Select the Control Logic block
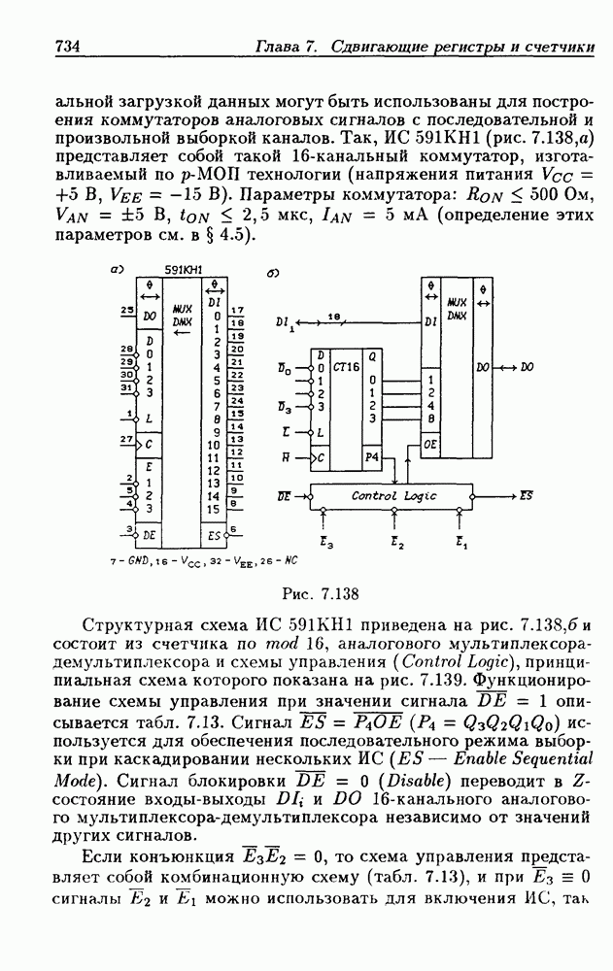[x=393, y=496]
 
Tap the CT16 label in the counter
[x=342, y=369]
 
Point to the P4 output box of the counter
[x=370, y=455]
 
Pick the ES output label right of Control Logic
[x=526, y=495]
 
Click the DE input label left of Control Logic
[x=284, y=495]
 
